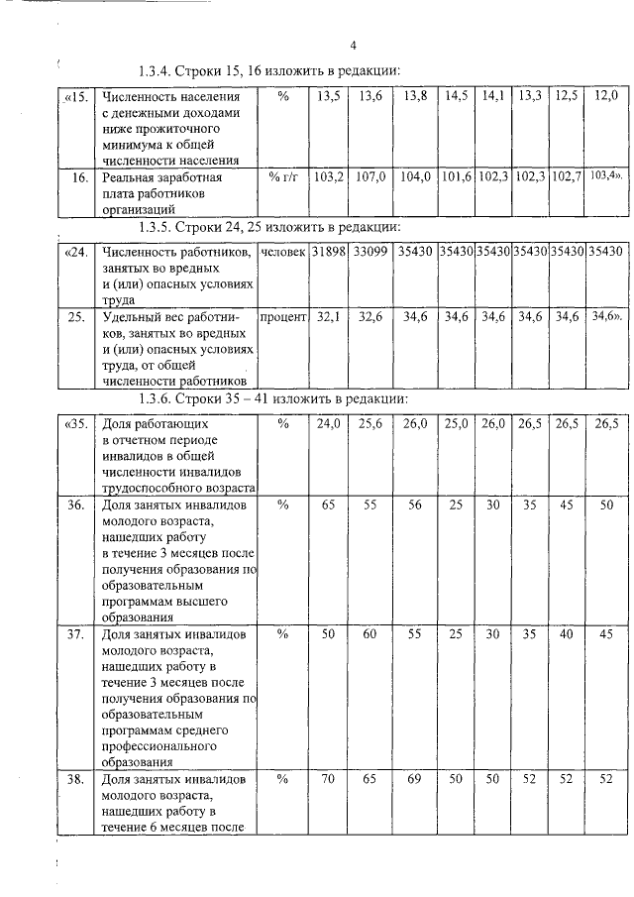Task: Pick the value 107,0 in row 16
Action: tap(370, 177)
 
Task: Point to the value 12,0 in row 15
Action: tap(606, 96)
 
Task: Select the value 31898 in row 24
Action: tap(328, 253)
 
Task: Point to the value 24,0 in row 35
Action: tap(328, 423)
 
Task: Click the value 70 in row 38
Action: tap(328, 780)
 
